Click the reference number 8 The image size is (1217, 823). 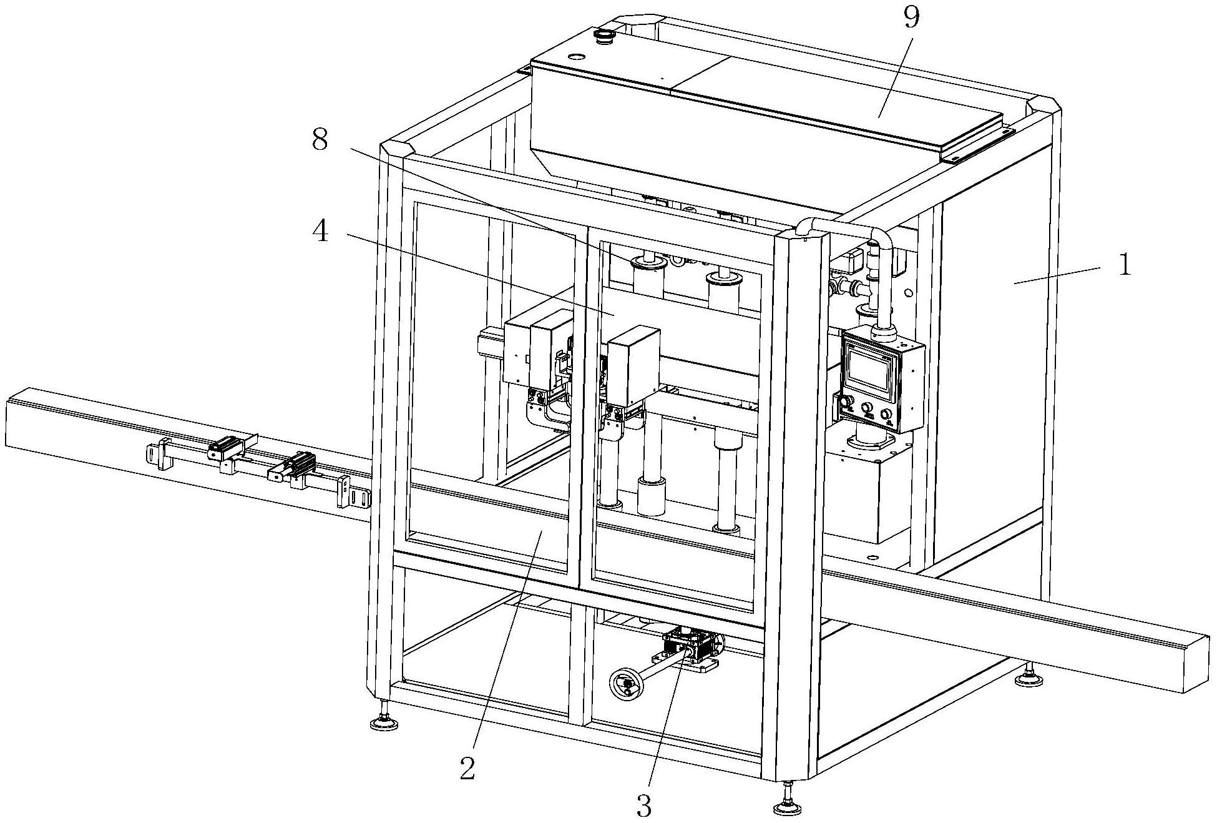pyautogui.click(x=320, y=142)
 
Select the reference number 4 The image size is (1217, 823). pyautogui.click(x=320, y=234)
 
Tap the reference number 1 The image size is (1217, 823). pyautogui.click(x=1124, y=265)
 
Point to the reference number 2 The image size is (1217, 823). pyautogui.click(x=467, y=768)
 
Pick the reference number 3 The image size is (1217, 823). pyautogui.click(x=644, y=806)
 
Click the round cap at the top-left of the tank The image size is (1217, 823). pyautogui.click(x=604, y=36)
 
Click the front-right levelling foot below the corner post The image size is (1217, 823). pyautogui.click(x=787, y=806)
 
